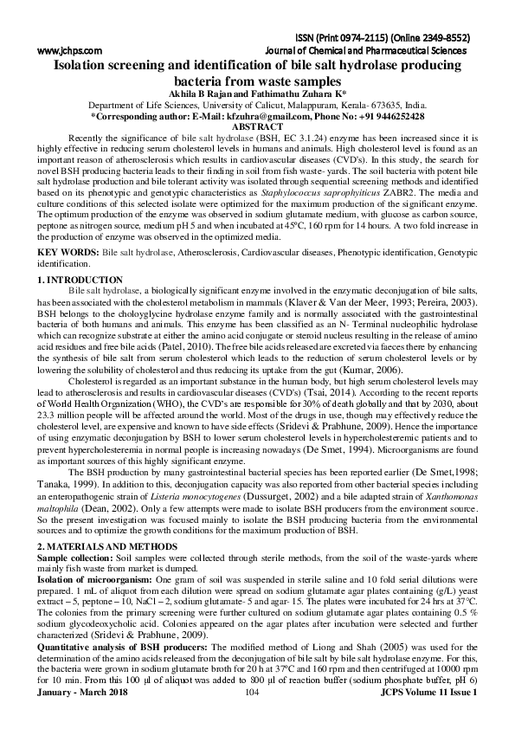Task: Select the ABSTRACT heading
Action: [258, 126]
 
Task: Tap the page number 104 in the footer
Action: [254, 718]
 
